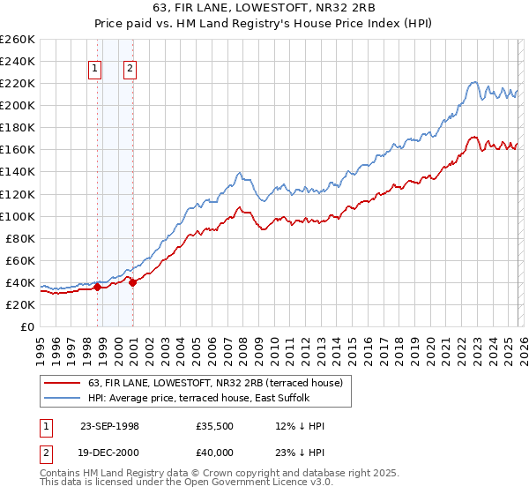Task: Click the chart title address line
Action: click(x=264, y=9)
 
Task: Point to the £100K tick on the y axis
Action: click(x=18, y=216)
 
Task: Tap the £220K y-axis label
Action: click(x=18, y=83)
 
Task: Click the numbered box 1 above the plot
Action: click(x=94, y=69)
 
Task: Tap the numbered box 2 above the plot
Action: click(x=130, y=69)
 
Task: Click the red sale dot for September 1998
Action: click(x=97, y=287)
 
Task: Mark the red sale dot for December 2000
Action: click(x=132, y=282)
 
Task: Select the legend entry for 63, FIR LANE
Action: click(x=220, y=382)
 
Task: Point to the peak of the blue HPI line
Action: click(x=473, y=82)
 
